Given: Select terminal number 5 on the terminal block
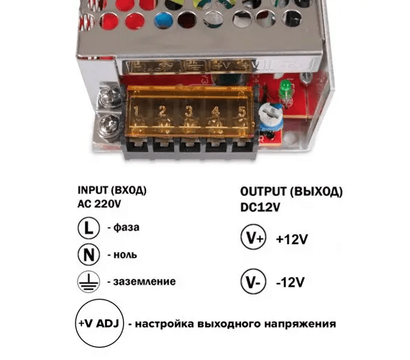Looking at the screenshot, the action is click(240, 109).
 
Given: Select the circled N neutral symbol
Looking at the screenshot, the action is click(88, 254).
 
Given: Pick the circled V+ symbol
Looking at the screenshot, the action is click(254, 238).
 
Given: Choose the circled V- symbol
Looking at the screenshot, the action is click(254, 281).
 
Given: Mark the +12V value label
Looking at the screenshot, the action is click(297, 239).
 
